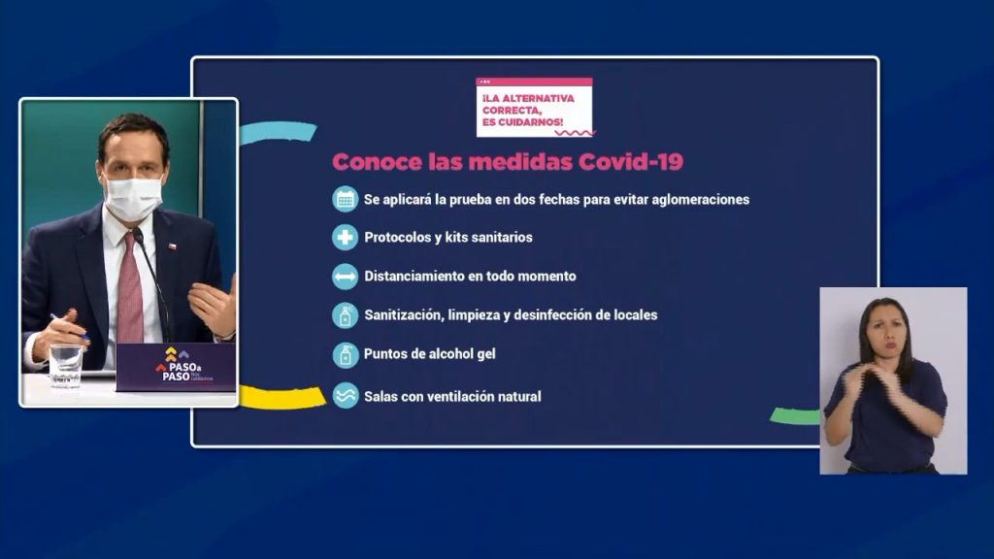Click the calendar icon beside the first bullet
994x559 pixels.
coord(346,199)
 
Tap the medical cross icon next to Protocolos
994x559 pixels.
coord(346,237)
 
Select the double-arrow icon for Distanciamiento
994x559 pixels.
coord(346,277)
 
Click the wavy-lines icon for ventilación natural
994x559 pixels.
coord(346,396)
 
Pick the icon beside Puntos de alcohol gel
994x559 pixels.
coord(346,354)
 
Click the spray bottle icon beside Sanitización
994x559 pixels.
coord(346,315)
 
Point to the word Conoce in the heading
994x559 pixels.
coord(375,162)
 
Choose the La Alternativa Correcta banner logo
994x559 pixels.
coord(534,107)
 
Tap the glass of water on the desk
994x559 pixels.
coord(66,364)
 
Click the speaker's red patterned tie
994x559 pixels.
coord(130,290)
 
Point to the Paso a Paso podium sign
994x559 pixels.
coord(175,366)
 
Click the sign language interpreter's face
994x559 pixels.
coord(882,329)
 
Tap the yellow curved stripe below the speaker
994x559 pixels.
coord(282,396)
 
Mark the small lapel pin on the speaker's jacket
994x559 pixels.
coord(174,246)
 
